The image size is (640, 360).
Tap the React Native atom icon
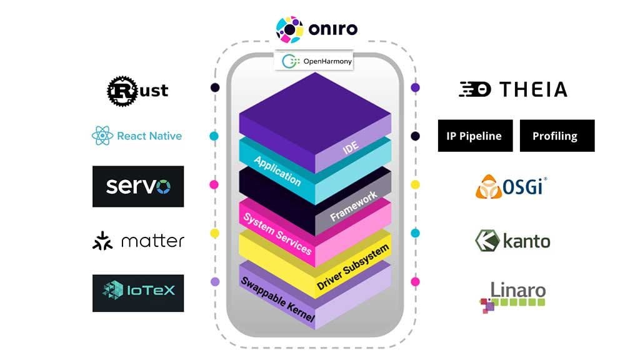click(102, 136)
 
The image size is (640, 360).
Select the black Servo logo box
click(138, 186)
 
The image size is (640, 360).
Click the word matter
click(152, 241)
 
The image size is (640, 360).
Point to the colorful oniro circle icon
click(290, 29)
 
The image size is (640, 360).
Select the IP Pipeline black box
click(475, 136)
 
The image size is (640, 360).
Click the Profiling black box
click(557, 136)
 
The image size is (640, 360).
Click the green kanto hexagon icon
click(486, 241)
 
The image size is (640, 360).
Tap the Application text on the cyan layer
click(277, 171)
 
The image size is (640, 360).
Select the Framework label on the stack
click(354, 207)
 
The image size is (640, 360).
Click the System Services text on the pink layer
click(277, 232)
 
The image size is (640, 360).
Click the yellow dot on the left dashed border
click(214, 233)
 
